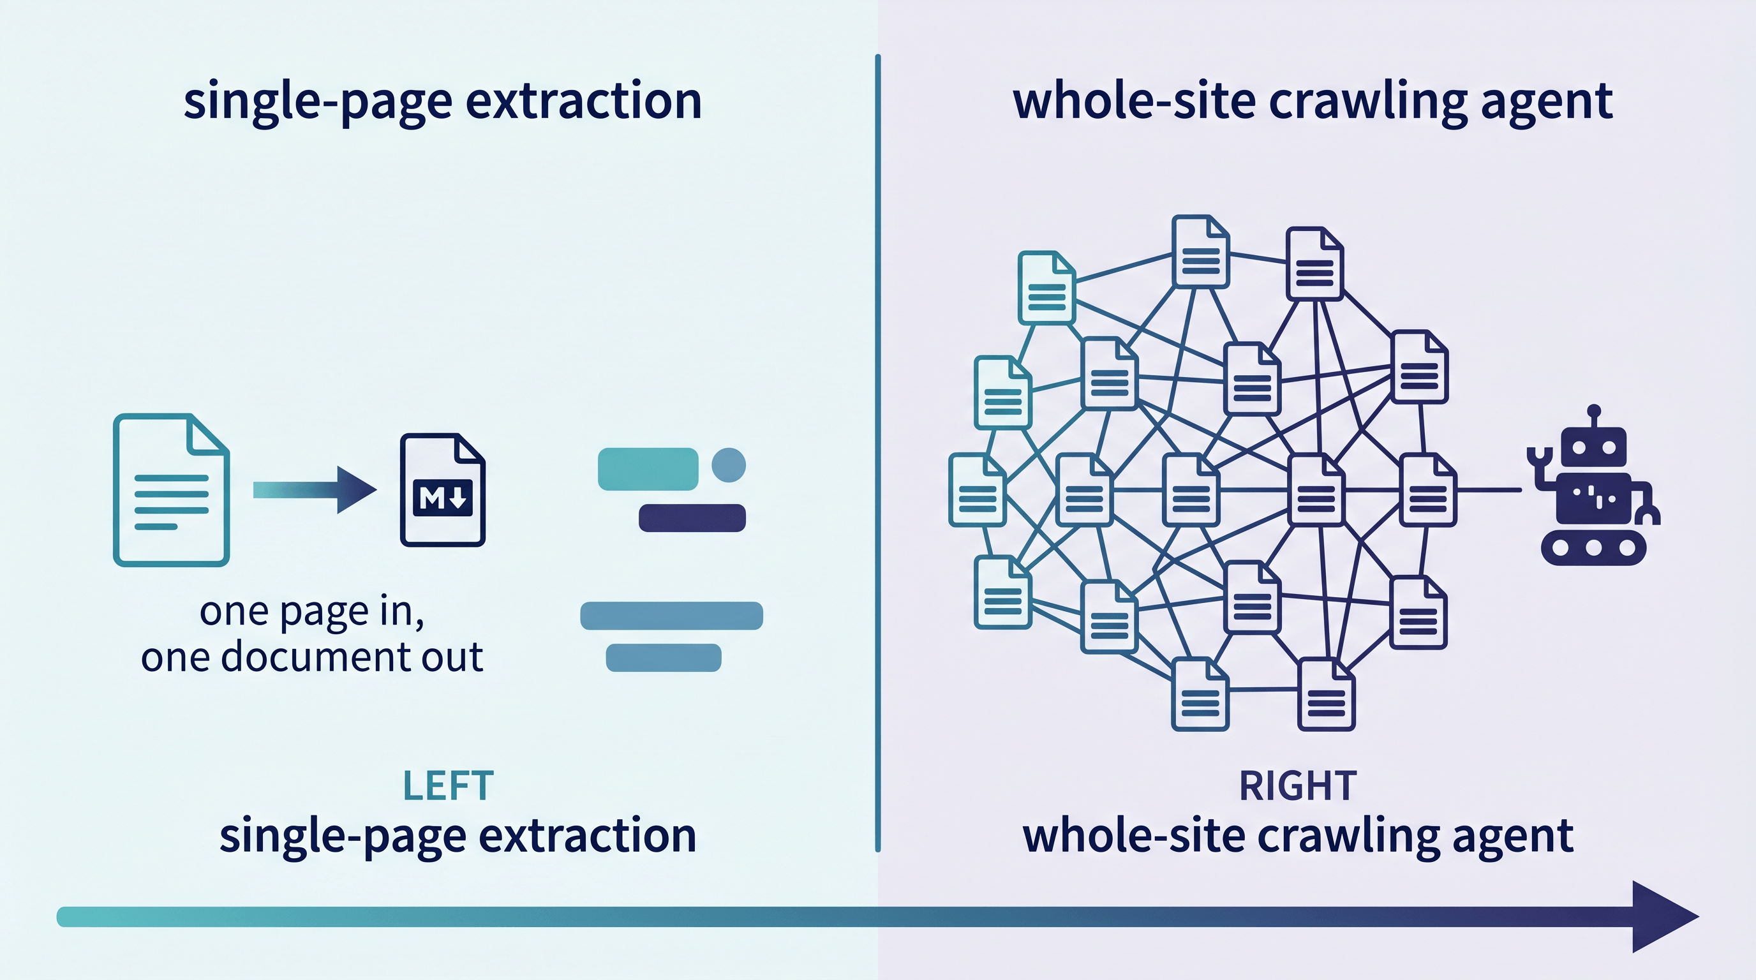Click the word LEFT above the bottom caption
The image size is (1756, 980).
coord(448,786)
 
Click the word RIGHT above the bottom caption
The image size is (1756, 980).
coord(1298,786)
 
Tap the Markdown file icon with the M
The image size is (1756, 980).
coord(442,490)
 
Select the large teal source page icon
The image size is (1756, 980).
coord(171,490)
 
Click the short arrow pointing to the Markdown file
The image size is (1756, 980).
coord(315,490)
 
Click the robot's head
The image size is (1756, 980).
coord(1594,448)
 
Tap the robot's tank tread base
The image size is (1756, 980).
coord(1594,547)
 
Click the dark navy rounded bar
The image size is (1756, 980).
coord(692,518)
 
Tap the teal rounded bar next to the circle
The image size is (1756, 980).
coord(648,469)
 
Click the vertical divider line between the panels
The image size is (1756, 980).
coord(877,453)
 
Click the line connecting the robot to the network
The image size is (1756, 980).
coord(1489,490)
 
